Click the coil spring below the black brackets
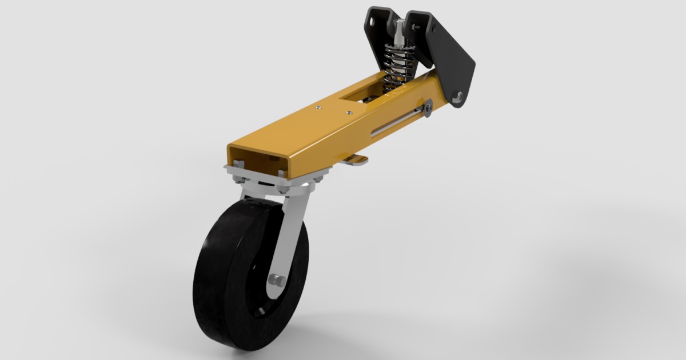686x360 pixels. coord(395,69)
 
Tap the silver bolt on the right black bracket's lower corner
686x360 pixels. coord(457,97)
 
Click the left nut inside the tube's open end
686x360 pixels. coord(238,165)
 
